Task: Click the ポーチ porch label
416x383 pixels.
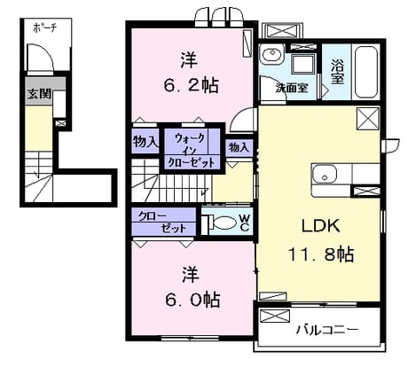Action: coord(44,28)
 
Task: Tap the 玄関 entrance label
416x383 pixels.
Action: coord(39,94)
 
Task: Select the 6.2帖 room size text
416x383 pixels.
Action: coord(192,86)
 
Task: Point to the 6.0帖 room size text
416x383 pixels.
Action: coord(192,300)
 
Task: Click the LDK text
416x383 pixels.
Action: coord(320,226)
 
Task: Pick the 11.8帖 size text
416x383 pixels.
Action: coord(320,254)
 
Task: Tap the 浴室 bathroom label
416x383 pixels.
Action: coord(337,72)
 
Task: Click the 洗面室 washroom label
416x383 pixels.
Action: coord(292,88)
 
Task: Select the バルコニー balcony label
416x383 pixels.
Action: coord(327,329)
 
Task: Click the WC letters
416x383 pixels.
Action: coord(245,223)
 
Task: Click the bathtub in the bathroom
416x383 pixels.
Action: coord(366,72)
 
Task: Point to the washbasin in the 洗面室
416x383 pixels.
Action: coord(272,54)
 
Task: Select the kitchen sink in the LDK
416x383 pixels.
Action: coord(325,174)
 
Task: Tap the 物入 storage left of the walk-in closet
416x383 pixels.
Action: coord(145,142)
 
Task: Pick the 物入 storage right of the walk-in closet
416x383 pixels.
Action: coord(239,147)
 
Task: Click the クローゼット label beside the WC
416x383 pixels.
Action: coord(162,223)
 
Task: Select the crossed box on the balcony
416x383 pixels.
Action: coord(274,316)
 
